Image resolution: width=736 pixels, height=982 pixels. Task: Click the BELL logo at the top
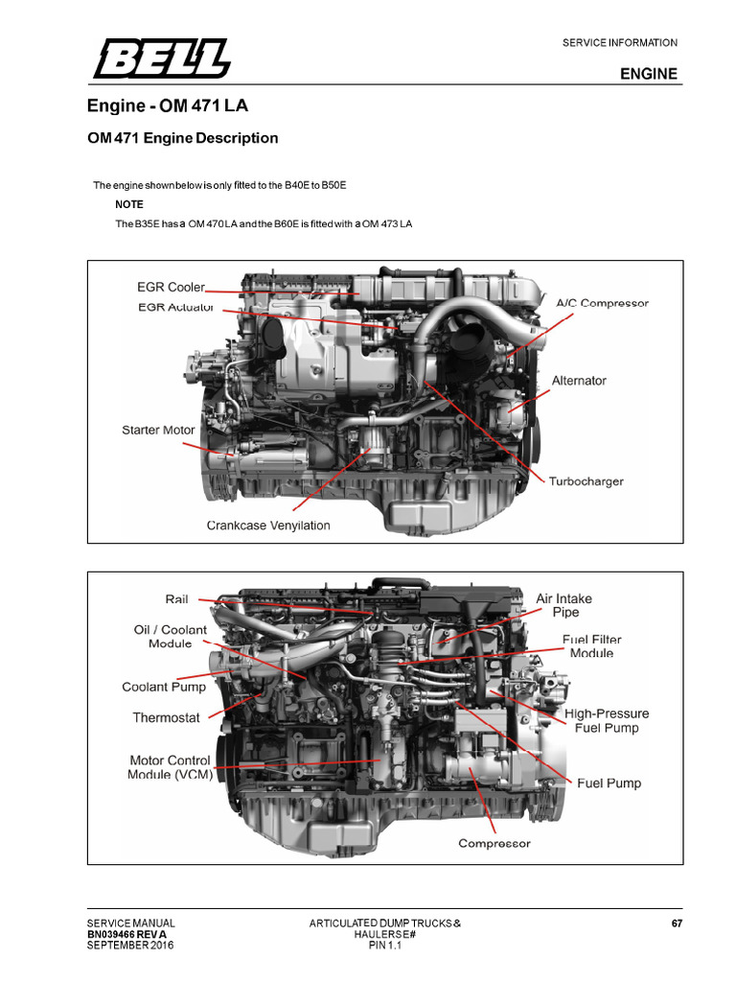161,58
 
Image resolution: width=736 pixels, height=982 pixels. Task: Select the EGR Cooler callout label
171,287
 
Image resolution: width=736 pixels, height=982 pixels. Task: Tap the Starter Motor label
158,430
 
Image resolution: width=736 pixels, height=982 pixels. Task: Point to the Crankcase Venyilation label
268,526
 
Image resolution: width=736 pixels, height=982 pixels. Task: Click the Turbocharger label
586,480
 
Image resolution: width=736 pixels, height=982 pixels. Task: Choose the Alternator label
579,381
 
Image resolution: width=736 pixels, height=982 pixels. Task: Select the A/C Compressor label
602,303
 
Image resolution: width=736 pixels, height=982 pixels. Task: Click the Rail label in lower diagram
176,599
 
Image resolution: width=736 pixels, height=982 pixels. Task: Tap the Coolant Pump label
164,687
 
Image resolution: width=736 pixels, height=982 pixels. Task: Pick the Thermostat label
166,717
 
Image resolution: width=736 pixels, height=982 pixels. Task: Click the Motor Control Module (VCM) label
170,767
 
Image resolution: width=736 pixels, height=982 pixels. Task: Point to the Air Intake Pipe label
563,605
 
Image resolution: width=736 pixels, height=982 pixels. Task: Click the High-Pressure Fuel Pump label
606,720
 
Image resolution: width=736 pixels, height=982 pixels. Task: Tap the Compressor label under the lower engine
494,844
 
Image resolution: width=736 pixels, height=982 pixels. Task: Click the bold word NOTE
129,204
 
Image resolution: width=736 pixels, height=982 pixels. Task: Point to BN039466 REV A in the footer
126,934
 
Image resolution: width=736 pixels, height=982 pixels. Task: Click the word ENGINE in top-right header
649,74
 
